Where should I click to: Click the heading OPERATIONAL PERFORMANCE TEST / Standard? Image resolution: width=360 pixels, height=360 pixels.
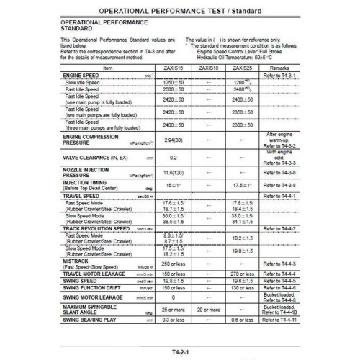coord(179,11)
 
